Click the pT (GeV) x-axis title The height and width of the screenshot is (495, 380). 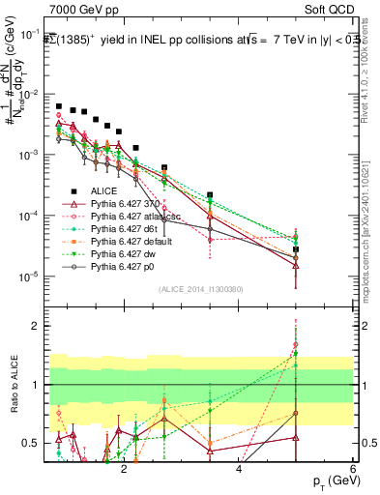(x=330, y=480)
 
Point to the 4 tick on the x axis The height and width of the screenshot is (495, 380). (x=239, y=467)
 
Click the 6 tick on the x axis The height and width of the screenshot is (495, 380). (x=353, y=467)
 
